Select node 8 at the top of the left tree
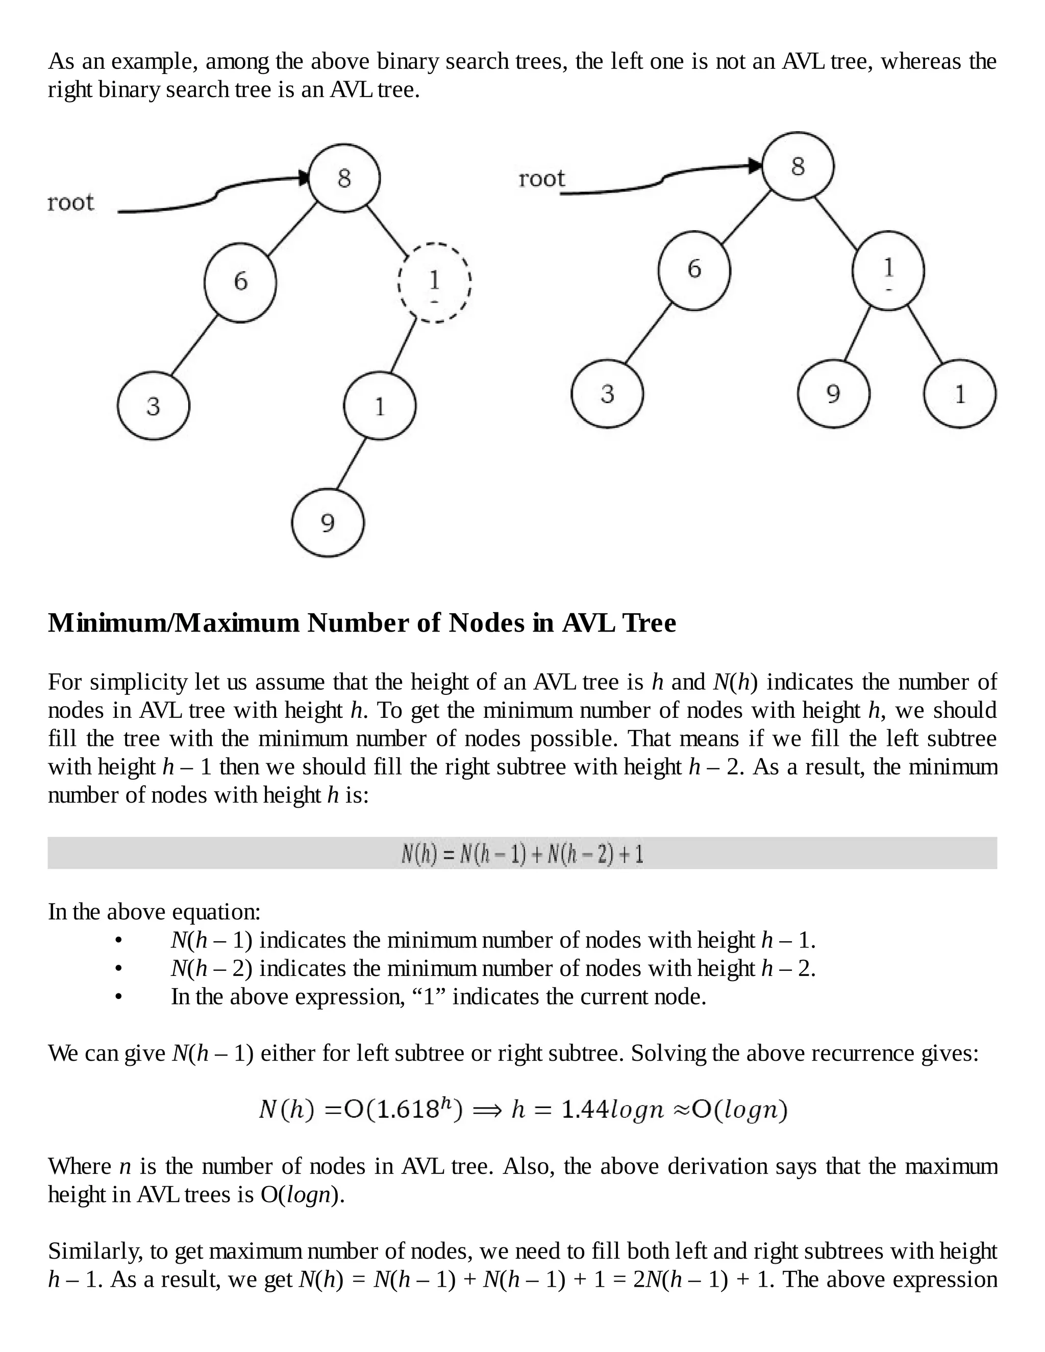point(344,178)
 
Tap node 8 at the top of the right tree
point(798,166)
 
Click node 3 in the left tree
point(154,406)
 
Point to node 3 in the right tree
point(607,394)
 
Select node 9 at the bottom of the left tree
point(328,523)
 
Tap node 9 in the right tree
point(834,394)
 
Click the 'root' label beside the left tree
point(70,203)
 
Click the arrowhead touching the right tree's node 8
point(755,166)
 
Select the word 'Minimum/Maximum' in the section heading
point(174,623)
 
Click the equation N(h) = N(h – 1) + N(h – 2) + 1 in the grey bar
point(522,854)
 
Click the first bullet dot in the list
point(118,941)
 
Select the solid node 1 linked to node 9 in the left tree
point(380,406)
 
